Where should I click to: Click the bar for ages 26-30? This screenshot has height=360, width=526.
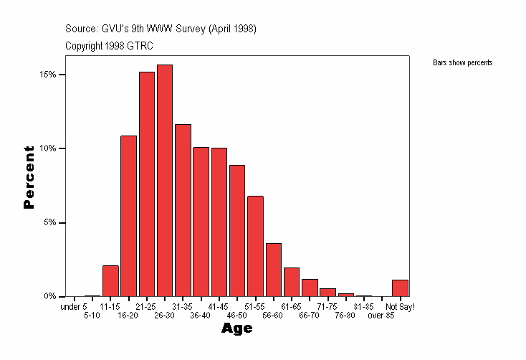[x=165, y=180]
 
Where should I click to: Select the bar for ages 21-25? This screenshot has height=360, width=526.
[x=147, y=184]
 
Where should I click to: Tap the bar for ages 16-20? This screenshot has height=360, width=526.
[x=128, y=216]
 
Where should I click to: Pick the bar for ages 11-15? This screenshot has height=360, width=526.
[x=110, y=281]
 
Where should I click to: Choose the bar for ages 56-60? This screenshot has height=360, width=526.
[x=273, y=270]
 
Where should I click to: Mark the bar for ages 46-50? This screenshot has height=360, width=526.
[x=237, y=230]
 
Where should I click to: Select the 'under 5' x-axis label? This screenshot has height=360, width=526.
[x=74, y=307]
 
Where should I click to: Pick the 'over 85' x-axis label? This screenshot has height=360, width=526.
[x=381, y=316]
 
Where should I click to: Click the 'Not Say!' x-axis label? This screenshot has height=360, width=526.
[x=401, y=307]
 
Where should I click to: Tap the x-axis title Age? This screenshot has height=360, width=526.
[x=236, y=329]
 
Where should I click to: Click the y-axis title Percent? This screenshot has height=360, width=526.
[x=29, y=176]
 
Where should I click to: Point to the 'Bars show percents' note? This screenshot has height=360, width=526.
[x=462, y=63]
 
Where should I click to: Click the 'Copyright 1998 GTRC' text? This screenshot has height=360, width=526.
[x=109, y=46]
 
